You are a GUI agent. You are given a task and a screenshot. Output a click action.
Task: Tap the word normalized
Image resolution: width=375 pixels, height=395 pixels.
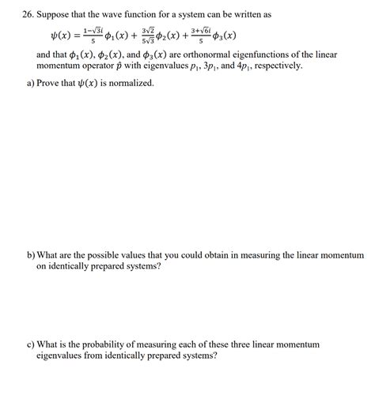pos(130,82)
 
